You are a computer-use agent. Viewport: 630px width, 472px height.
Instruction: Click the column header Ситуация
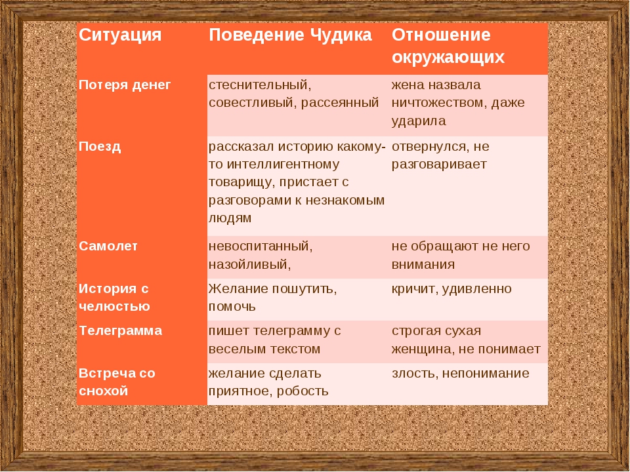tap(120, 35)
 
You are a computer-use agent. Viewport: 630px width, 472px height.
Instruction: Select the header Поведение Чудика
tap(290, 35)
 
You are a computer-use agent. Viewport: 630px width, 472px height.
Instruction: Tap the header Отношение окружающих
tap(448, 46)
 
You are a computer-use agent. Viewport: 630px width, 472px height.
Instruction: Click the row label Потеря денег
tap(125, 85)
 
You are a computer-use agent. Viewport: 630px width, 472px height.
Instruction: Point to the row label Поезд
tap(100, 146)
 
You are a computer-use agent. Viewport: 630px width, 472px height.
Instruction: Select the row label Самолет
tap(108, 246)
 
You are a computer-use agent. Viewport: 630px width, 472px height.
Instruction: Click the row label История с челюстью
tap(114, 298)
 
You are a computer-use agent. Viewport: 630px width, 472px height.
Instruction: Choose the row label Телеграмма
tap(121, 330)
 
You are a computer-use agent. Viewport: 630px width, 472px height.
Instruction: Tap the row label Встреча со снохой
tap(117, 382)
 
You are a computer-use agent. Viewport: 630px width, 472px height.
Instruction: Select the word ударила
tap(419, 121)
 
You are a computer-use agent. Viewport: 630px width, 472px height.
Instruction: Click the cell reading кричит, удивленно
tap(451, 289)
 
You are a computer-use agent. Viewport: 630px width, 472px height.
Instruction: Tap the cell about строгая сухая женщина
tap(466, 340)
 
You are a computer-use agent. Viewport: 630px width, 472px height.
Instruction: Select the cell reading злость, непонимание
tap(461, 373)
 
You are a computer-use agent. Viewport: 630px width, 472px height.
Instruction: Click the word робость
tap(303, 391)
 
